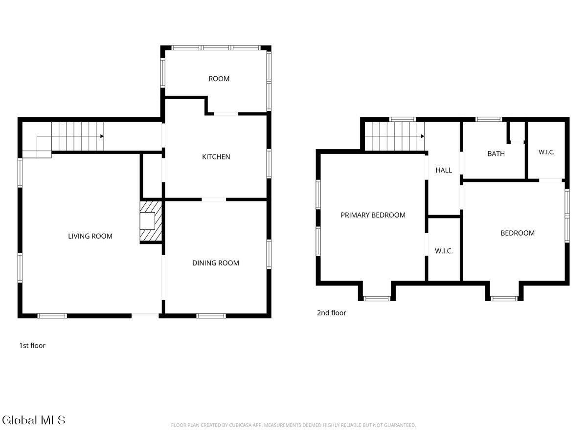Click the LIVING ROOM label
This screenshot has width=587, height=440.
pos(90,236)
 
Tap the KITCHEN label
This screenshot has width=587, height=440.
pos(216,157)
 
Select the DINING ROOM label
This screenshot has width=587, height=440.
pos(216,263)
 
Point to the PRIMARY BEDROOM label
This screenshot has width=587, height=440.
pos(373,215)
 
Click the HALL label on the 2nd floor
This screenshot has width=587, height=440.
pos(444,170)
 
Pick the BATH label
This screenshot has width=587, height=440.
pos(496,154)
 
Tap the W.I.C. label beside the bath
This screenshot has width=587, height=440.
pos(546,152)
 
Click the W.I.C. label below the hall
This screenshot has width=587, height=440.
pos(444,251)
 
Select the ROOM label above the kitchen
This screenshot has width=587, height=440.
pos(219,79)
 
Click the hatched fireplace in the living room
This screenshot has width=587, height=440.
pos(151,221)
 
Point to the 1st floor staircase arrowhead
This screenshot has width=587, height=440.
pos(102,136)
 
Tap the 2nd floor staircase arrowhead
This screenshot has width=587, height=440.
pos(423,136)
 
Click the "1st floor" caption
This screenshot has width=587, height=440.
pos(32,346)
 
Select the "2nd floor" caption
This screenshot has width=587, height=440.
pos(331,313)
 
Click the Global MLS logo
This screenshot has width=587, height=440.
pos(33,420)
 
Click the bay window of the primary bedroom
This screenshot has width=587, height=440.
pos(377,298)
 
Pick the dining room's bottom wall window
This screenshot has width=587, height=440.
pos(211,316)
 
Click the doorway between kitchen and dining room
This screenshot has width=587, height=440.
pos(214,199)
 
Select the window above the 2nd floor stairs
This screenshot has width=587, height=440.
pos(403,119)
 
